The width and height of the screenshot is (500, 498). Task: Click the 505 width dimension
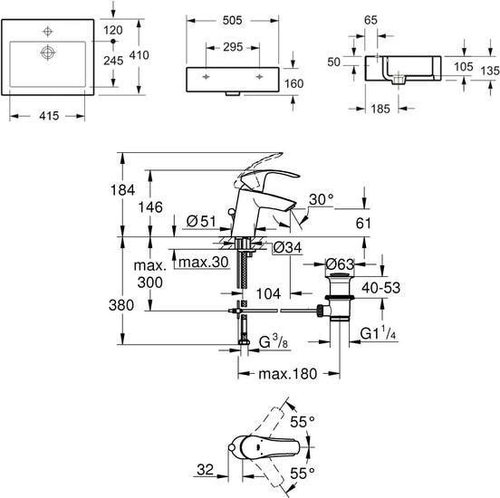pos(232,21)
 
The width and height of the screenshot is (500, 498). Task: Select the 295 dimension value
pos(233,47)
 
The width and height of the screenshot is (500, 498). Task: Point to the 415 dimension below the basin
pos(49,116)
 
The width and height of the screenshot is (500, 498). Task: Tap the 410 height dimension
pos(139,55)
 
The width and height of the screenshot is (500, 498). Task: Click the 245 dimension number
pos(113,61)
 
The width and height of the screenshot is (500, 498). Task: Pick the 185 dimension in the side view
pos(380,109)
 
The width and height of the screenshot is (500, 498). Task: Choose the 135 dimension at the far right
pos(490,71)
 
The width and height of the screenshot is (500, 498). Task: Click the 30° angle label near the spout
pos(322,199)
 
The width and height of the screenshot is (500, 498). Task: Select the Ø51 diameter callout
pos(201,221)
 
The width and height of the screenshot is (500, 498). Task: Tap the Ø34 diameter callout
pos(288,247)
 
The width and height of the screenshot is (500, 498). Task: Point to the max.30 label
pos(204,263)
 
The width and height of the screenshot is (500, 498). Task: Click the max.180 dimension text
pos(288,374)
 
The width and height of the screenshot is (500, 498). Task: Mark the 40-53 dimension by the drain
pos(380,288)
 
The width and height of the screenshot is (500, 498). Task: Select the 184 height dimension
pos(123,190)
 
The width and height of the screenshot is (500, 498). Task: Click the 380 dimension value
pos(121,305)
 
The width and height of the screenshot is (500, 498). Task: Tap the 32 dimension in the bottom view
pos(206,470)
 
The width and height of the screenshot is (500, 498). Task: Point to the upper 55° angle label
pos(303,422)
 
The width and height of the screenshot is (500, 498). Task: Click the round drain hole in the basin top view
pos(47,53)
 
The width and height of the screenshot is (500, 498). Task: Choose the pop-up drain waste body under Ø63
pos(340,296)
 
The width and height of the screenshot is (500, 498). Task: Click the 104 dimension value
pos(268,293)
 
